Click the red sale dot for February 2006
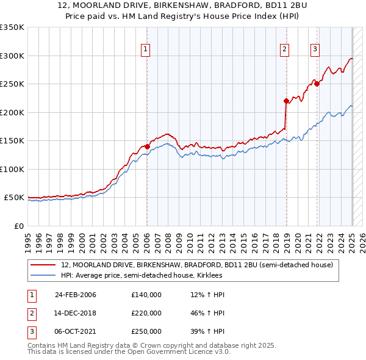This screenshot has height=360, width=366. [x=147, y=146]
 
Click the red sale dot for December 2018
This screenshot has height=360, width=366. [x=286, y=101]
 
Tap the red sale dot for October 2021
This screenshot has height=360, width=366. [x=317, y=84]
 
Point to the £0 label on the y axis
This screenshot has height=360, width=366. [x=18, y=226]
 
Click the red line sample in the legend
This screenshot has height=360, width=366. [x=43, y=265]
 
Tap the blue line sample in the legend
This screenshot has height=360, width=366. [x=43, y=275]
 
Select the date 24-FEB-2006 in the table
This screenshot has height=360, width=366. [x=76, y=295]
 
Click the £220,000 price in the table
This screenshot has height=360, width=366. [x=146, y=313]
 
